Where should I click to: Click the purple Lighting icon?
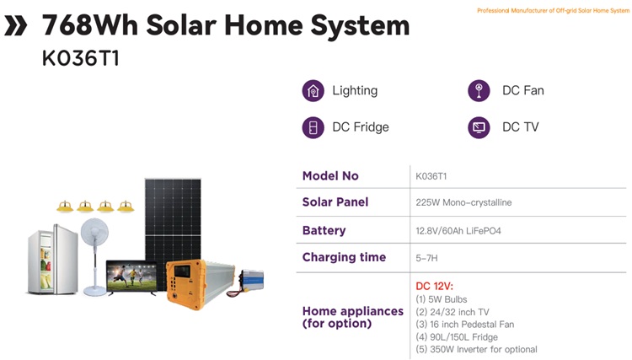[313, 91]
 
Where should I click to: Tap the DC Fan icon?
[479, 91]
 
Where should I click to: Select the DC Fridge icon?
[313, 127]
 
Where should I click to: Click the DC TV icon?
[479, 127]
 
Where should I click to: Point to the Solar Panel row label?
[335, 202]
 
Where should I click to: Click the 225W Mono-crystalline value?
[463, 202]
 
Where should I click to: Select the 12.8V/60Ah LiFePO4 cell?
[458, 231]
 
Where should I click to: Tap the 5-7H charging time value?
[426, 258]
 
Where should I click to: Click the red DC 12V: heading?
[435, 286]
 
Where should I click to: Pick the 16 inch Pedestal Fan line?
[464, 325]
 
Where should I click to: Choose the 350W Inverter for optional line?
[476, 350]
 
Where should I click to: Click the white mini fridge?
[53, 260]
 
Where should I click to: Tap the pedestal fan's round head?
[94, 233]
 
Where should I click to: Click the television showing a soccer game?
[131, 277]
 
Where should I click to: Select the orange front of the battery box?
[184, 284]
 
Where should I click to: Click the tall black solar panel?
[173, 230]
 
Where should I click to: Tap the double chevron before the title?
[16, 25]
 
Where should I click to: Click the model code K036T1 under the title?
[81, 58]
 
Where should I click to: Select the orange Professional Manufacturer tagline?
[553, 10]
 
